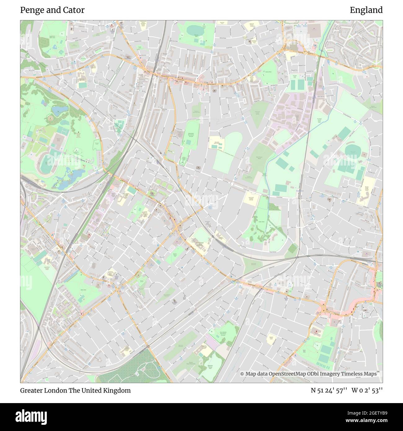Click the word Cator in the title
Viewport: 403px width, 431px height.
pyautogui.click(x=75, y=10)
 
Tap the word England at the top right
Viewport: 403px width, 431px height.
pyautogui.click(x=366, y=10)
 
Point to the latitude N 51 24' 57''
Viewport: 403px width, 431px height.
pyautogui.click(x=329, y=390)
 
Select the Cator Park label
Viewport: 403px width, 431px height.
pyautogui.click(x=261, y=222)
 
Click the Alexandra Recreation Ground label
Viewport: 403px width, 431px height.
pyautogui.click(x=190, y=135)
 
